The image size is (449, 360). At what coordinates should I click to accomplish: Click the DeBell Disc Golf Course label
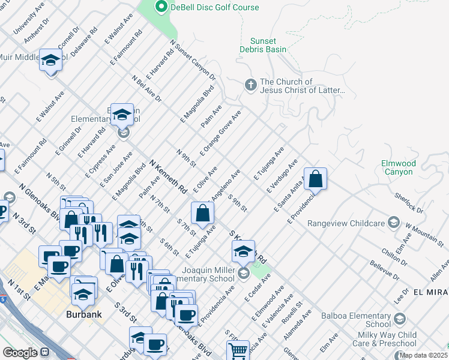(215, 7)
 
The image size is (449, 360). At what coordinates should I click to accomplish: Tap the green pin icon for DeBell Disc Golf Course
(161, 7)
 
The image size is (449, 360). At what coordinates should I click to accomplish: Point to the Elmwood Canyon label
(397, 167)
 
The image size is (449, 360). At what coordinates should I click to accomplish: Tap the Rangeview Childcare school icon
(393, 223)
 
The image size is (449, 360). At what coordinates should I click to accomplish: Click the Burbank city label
(83, 314)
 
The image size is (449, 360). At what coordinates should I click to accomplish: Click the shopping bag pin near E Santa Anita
(315, 178)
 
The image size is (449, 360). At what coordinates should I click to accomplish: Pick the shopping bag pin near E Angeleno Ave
(203, 212)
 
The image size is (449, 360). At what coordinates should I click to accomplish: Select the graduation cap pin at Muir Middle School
(50, 60)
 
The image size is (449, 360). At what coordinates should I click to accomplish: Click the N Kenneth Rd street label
(168, 176)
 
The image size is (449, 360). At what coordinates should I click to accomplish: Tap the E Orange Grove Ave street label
(221, 132)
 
